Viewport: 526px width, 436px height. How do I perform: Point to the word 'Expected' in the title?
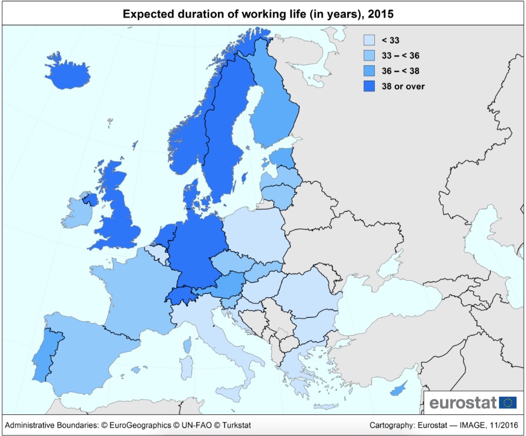click(x=146, y=13)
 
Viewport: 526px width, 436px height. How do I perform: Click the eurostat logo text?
click(x=463, y=403)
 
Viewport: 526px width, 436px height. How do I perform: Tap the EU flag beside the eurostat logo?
click(x=508, y=403)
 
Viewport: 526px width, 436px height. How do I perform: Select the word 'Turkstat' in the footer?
click(x=234, y=425)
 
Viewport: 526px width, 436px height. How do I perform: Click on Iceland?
click(x=70, y=71)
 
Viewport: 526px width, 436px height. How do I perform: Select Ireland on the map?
click(x=76, y=212)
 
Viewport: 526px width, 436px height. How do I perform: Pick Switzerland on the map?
click(x=183, y=294)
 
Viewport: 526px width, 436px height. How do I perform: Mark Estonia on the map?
click(x=283, y=158)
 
